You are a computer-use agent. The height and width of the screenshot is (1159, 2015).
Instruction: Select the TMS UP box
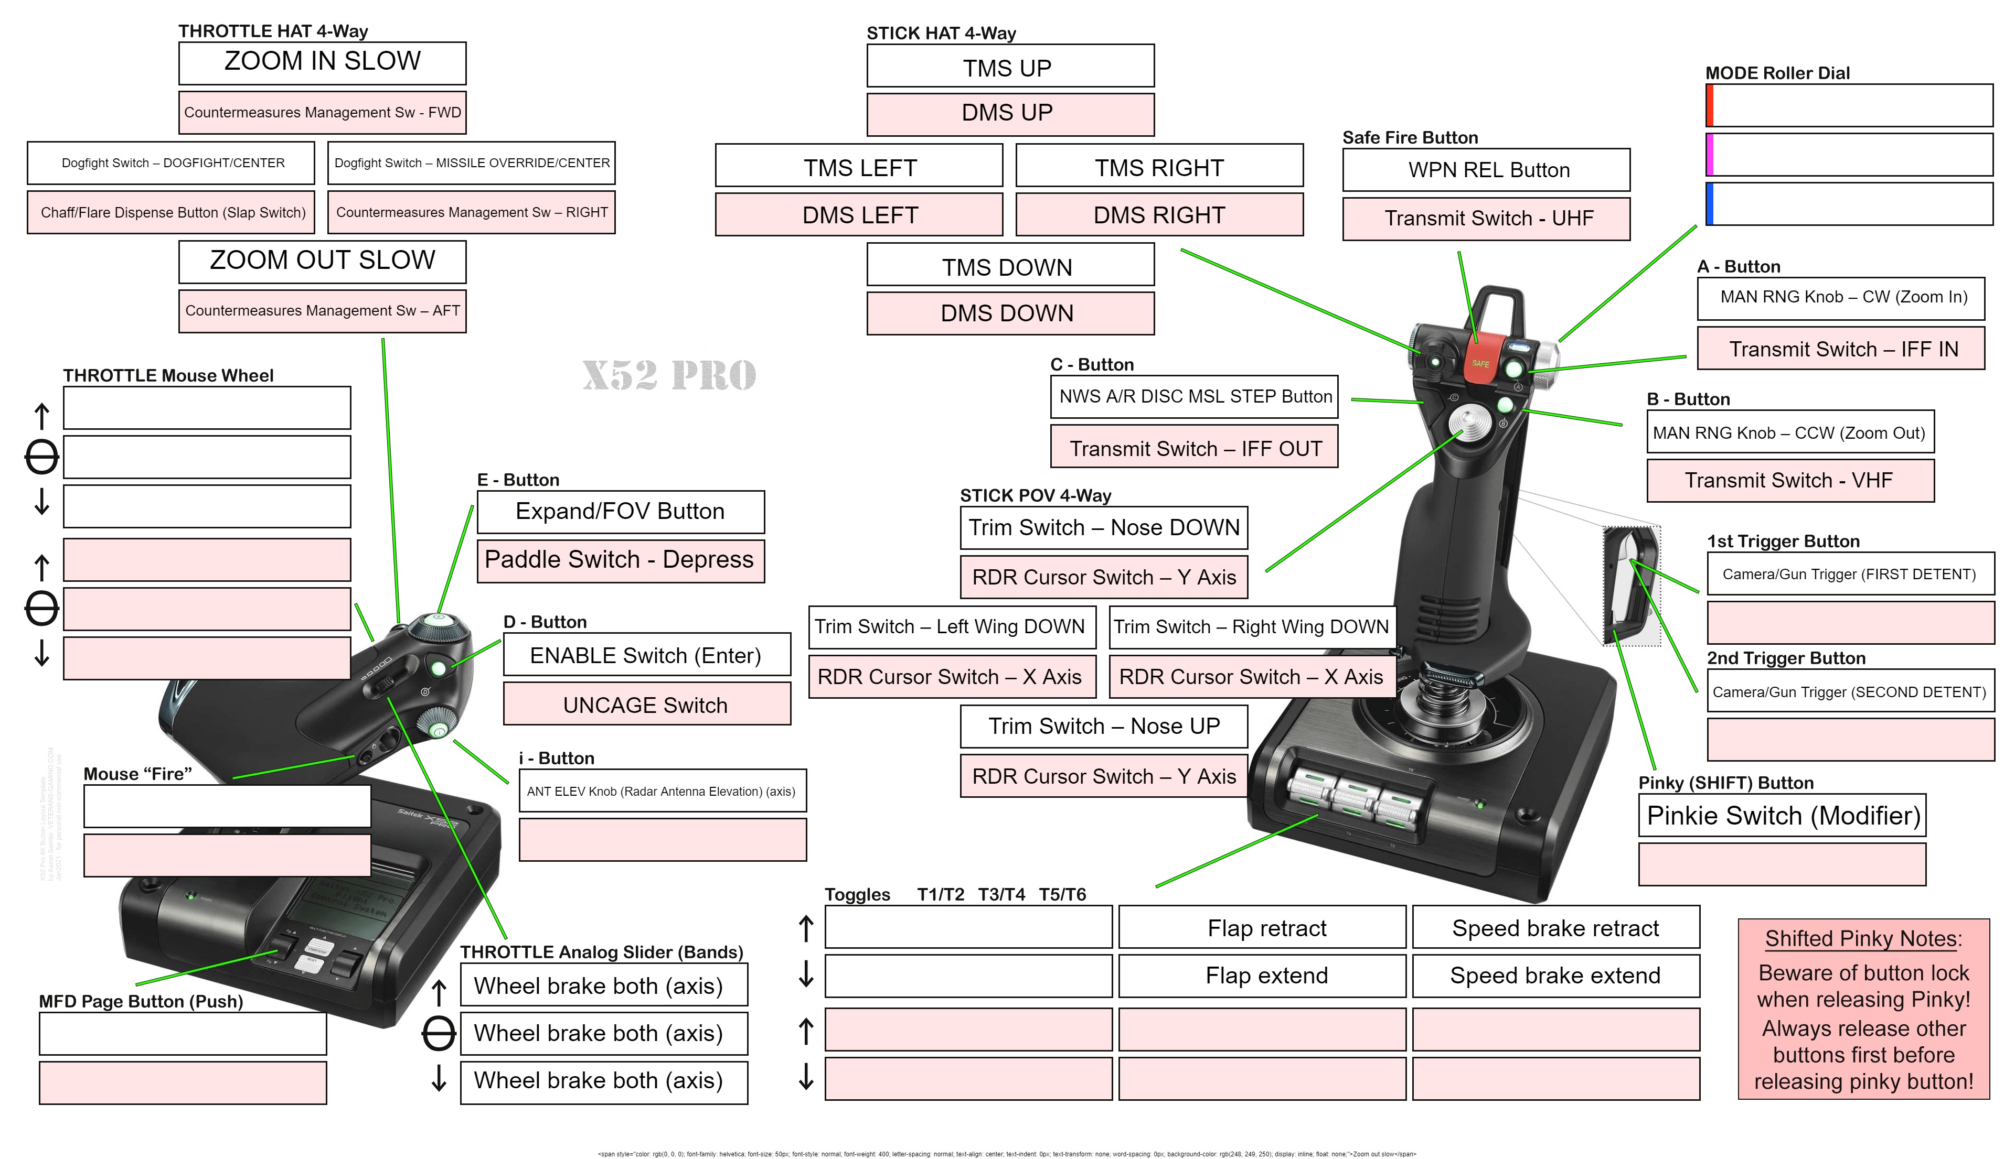(x=1009, y=67)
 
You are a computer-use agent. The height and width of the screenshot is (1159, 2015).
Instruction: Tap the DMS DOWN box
(x=1009, y=313)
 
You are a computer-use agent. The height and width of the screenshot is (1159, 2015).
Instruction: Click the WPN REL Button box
(x=1486, y=169)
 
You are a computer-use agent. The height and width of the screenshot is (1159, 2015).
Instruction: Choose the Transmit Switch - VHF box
(x=1789, y=480)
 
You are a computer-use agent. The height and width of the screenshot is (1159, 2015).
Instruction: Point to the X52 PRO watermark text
(x=669, y=375)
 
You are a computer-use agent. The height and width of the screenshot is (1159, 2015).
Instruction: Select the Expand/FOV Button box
(x=621, y=511)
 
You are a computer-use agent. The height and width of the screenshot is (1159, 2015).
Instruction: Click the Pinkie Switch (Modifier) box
(x=1782, y=815)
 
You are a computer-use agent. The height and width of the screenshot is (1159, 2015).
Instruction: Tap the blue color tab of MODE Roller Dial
(x=1709, y=204)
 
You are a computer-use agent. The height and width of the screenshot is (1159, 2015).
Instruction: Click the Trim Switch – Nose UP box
(x=1103, y=726)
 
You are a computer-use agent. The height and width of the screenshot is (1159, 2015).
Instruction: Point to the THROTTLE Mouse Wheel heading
(x=168, y=375)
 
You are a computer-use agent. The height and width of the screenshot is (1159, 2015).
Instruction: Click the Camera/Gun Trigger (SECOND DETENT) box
(x=1849, y=692)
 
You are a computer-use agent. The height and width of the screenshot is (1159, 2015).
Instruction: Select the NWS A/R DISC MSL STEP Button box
(x=1194, y=396)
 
